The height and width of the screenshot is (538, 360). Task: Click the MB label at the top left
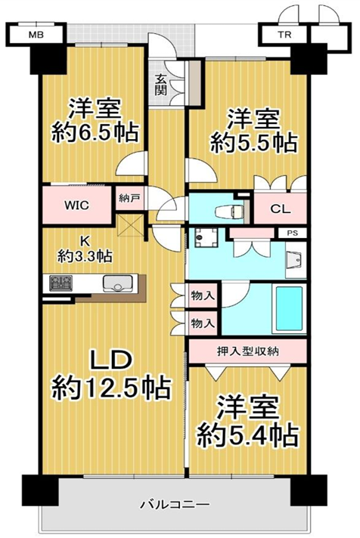[x=36, y=35]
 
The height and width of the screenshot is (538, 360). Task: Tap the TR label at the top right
[x=284, y=35]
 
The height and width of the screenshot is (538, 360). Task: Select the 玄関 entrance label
[x=160, y=85]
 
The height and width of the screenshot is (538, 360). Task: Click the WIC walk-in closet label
[x=77, y=206]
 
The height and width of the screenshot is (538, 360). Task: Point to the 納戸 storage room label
[x=129, y=198]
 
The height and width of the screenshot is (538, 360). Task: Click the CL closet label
[x=281, y=209]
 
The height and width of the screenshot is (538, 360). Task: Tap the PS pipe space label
[x=293, y=233]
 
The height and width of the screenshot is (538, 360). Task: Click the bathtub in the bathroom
[x=289, y=308]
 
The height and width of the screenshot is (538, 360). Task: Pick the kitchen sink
[x=117, y=284]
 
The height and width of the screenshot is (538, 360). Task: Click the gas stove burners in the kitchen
[x=61, y=283]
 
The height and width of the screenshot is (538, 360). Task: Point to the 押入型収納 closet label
[x=247, y=351]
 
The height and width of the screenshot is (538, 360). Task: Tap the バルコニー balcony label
[x=175, y=505]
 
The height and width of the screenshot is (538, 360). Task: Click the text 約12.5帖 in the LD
[x=111, y=388]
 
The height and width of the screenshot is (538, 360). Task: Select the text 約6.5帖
[x=95, y=131]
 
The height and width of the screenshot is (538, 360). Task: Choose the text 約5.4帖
[x=247, y=435]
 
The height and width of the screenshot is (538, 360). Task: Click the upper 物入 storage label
[x=203, y=295]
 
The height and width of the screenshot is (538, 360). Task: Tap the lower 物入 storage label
[x=203, y=323]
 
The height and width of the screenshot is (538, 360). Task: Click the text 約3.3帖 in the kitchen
[x=85, y=255]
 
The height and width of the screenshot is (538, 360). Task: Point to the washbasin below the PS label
[x=296, y=260]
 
